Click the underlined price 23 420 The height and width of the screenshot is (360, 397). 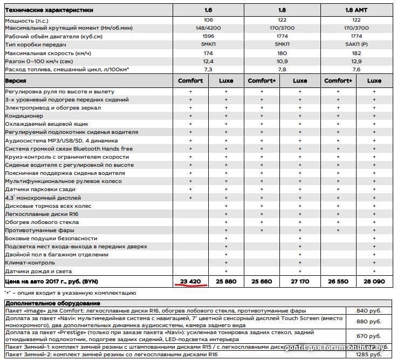[x=190, y=282]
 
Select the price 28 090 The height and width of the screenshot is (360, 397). [x=374, y=282]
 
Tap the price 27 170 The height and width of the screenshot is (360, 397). [x=300, y=282]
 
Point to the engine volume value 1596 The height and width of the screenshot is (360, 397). [x=208, y=37]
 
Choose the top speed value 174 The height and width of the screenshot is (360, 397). [x=208, y=53]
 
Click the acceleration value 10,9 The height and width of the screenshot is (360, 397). [x=282, y=62]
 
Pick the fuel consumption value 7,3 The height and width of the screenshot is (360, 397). [x=208, y=70]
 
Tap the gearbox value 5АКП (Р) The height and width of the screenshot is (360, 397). [x=356, y=45]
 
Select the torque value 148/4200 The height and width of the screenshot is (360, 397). [x=208, y=28]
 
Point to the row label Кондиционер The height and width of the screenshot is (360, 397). [x=24, y=116]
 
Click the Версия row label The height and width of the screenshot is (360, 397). [x=16, y=80]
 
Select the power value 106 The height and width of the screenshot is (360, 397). [x=208, y=20]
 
